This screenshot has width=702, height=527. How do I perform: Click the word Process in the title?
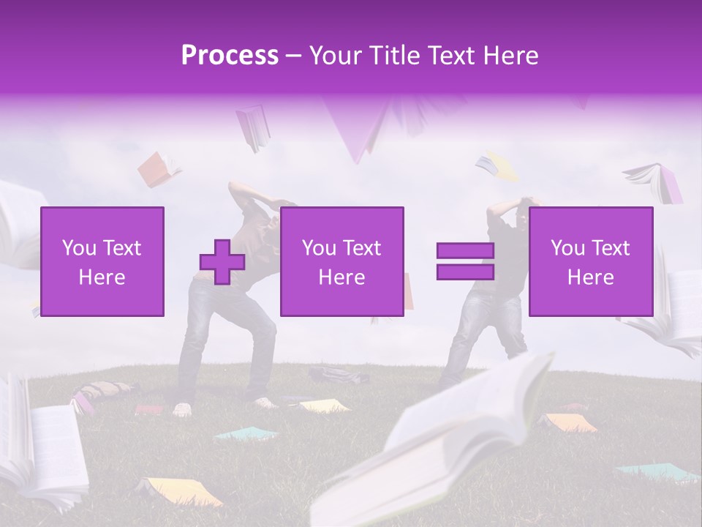230,55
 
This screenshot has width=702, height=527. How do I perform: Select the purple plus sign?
222,262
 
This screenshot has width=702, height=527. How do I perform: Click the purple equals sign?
465,261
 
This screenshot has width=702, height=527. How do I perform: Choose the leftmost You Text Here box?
102,261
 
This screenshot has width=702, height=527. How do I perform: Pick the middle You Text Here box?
341,261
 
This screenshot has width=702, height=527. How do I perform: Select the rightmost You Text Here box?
590,261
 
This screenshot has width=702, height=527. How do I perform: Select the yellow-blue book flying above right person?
497,167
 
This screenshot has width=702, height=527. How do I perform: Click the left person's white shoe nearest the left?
181,409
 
